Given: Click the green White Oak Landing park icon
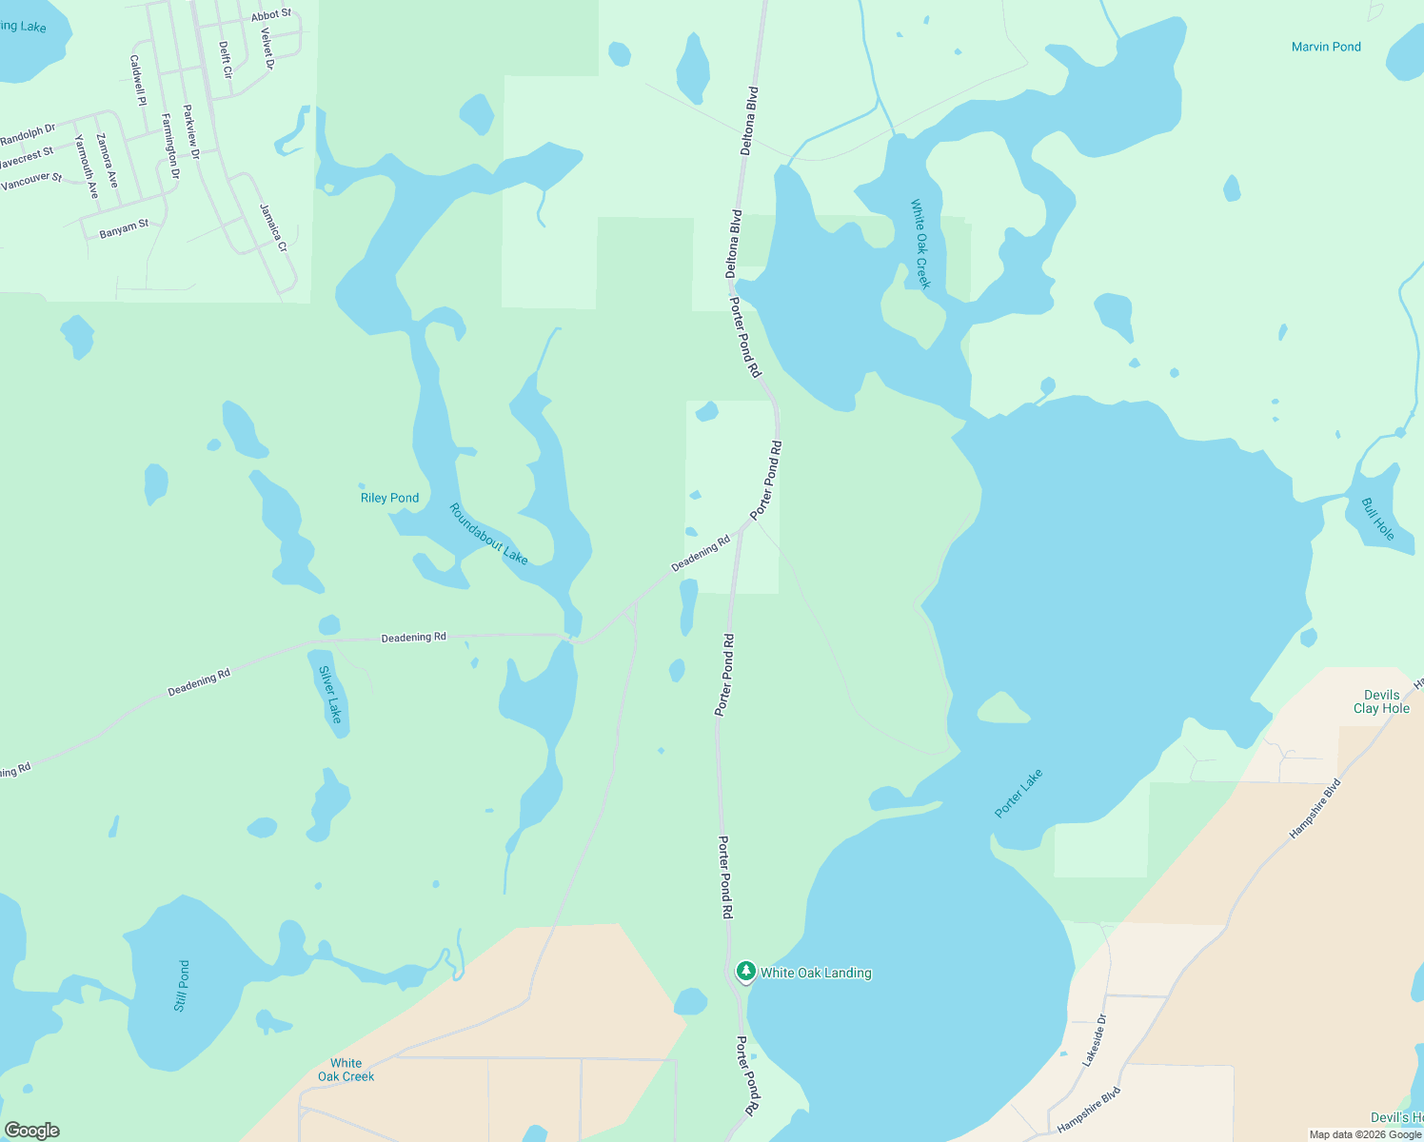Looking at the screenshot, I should (x=745, y=972).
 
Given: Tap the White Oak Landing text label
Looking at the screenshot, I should (x=816, y=973).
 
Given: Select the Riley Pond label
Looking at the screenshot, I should (x=389, y=498).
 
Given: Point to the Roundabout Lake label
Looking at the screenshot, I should (x=488, y=534).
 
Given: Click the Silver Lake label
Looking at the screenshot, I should (x=329, y=695).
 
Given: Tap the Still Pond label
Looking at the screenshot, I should (x=182, y=986).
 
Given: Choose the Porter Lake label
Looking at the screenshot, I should (x=1019, y=793).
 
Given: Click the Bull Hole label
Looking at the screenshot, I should (x=1377, y=520).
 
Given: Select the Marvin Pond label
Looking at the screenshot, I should (x=1326, y=47).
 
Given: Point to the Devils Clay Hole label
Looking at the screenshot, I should (x=1381, y=701).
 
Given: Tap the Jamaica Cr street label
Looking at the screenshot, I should (x=273, y=227).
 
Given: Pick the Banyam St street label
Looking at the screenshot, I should (x=124, y=228).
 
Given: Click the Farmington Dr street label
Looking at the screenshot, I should (x=169, y=146).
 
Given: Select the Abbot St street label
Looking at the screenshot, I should (x=271, y=15).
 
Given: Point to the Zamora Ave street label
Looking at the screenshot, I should (x=107, y=161).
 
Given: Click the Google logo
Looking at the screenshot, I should (x=31, y=1131).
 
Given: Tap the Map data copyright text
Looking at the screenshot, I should (x=1365, y=1134).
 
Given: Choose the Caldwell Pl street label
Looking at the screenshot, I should (x=138, y=80).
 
